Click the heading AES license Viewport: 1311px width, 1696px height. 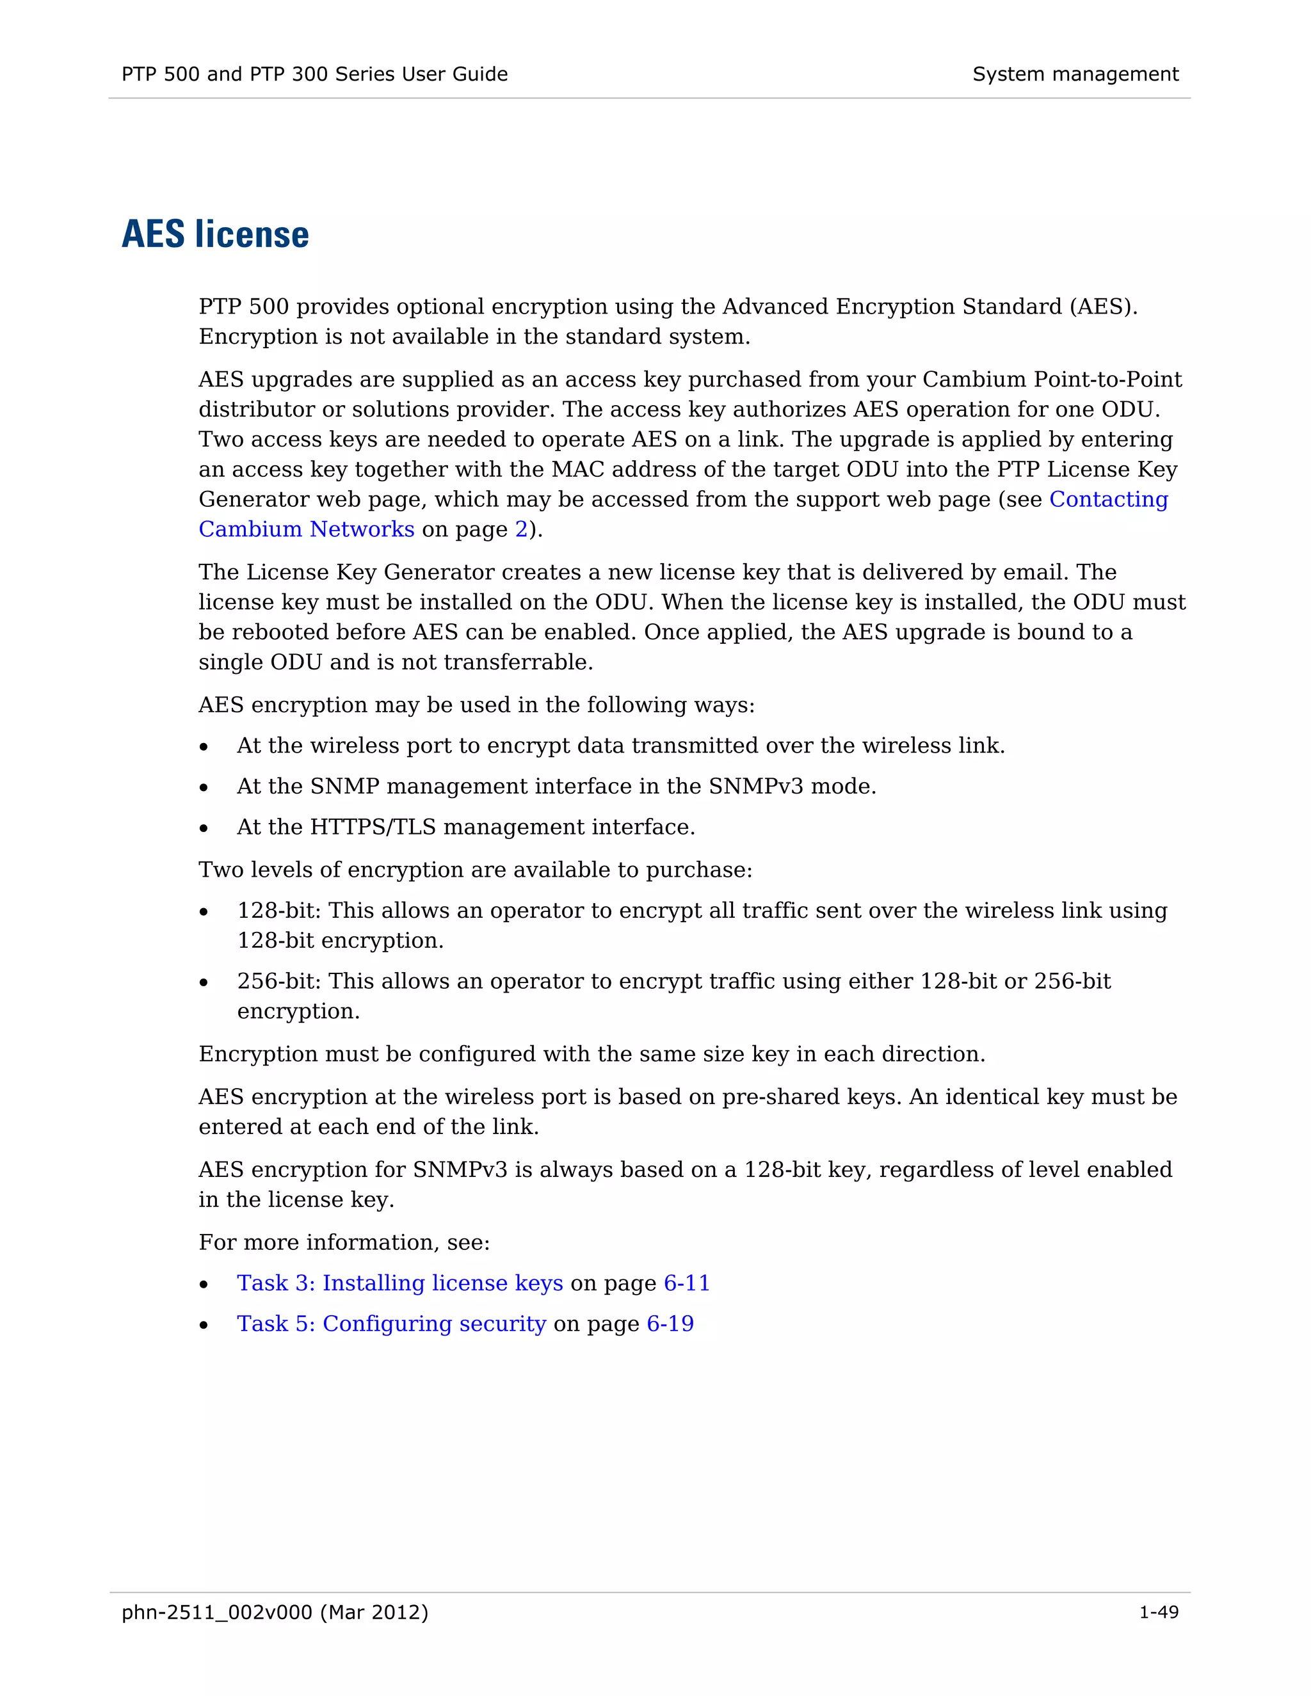[x=215, y=234]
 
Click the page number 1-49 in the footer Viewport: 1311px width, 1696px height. [x=1158, y=1612]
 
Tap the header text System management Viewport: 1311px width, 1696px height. [x=1075, y=74]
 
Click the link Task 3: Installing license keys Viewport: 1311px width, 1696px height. [x=400, y=1283]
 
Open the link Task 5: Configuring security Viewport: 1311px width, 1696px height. [x=391, y=1324]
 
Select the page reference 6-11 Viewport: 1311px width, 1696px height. [x=687, y=1283]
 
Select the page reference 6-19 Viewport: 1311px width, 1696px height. [x=670, y=1324]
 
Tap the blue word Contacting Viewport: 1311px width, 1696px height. [x=1108, y=499]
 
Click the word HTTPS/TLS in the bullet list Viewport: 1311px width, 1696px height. [x=373, y=827]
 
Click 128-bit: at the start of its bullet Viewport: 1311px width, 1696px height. [x=279, y=910]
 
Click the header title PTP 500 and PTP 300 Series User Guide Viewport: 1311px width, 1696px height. [x=314, y=74]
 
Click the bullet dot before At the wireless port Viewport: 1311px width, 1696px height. [x=204, y=747]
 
